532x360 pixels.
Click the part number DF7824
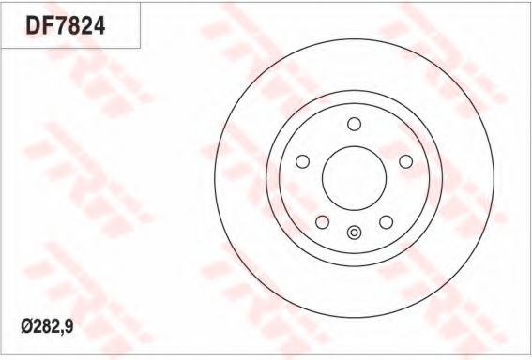pos(64,24)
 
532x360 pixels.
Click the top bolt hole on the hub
pos(354,124)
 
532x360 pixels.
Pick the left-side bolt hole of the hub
pos(302,161)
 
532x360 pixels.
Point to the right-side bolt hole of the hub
pos(405,161)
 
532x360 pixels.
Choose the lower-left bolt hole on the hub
pos(322,221)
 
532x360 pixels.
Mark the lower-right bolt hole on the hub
pos(386,221)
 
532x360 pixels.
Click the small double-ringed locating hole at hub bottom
pos(354,233)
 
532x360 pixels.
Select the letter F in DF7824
pos(45,24)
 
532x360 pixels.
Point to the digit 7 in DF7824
pos(58,24)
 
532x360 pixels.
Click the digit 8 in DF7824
pos(71,24)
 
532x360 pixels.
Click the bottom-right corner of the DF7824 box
pos(141,48)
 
